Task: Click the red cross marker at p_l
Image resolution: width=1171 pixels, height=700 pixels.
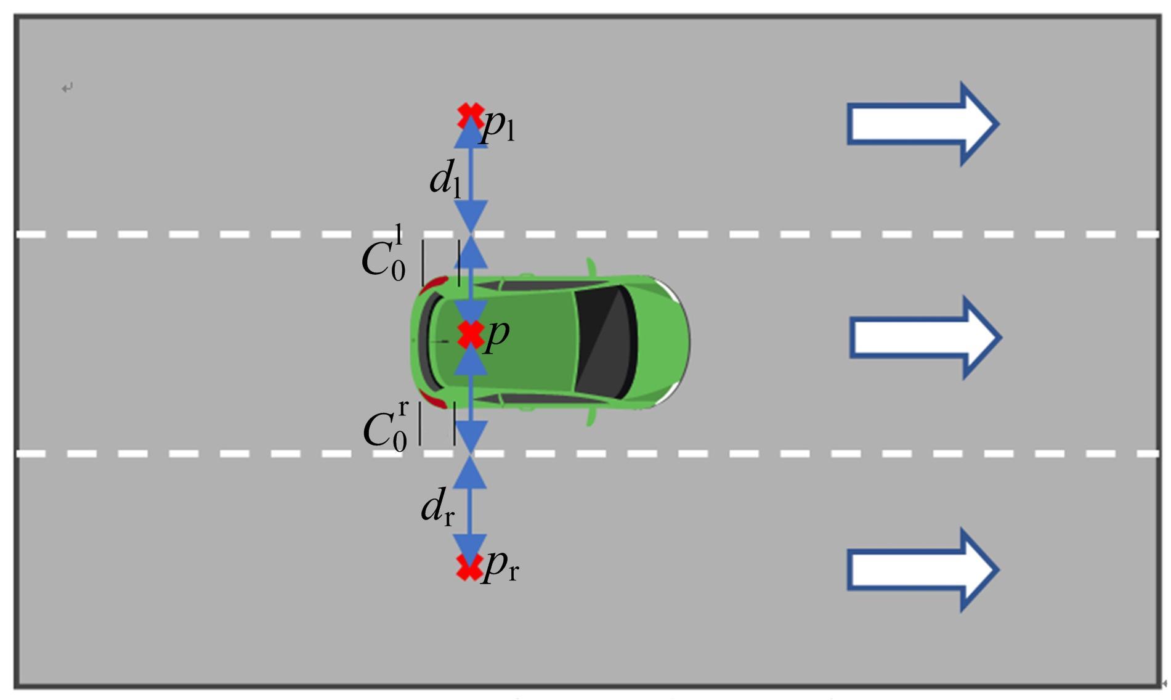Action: coord(471,116)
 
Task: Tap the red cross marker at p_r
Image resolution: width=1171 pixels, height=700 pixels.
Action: coord(469,568)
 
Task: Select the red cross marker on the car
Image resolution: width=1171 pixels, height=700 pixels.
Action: coord(471,335)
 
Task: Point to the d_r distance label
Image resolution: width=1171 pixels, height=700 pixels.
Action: coord(437,507)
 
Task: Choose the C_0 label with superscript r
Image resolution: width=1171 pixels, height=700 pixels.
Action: coord(386,426)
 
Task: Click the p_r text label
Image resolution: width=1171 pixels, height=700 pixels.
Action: coord(500,566)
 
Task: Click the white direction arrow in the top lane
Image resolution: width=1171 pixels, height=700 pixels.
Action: coord(923,124)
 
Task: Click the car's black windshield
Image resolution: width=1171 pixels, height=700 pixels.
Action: coord(604,342)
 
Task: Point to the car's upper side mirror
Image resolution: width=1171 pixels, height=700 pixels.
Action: coord(592,267)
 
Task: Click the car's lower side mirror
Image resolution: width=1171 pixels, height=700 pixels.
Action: coord(591,417)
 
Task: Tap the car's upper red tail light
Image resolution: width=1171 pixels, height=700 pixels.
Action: coord(436,284)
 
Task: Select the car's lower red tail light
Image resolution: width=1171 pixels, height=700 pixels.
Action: coord(434,399)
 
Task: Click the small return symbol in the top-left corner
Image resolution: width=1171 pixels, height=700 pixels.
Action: coord(67,87)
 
